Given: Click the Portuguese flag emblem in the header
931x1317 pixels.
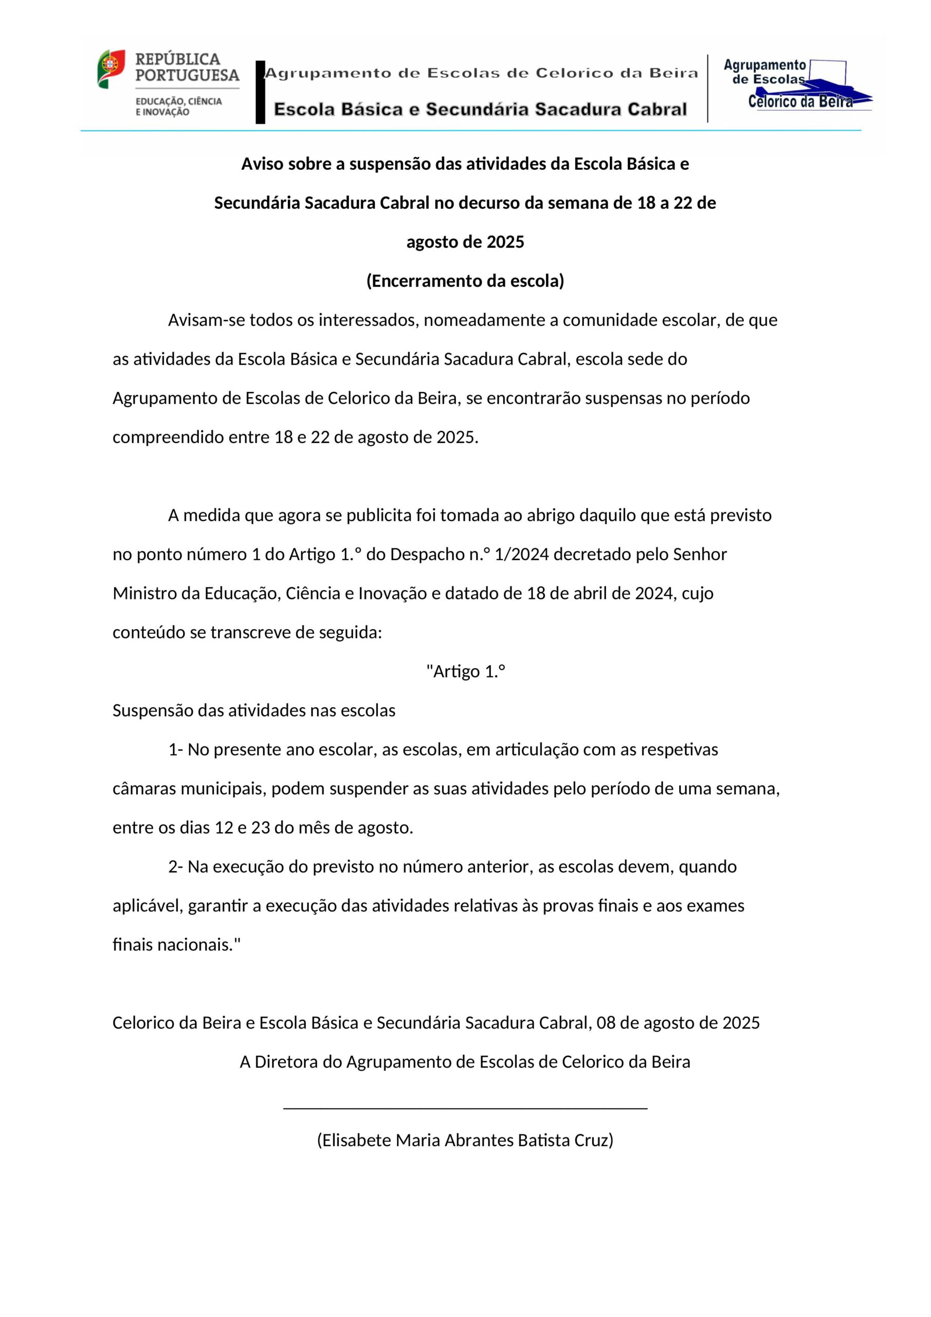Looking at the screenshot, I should [x=111, y=69].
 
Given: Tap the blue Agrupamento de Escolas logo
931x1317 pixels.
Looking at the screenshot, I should [x=797, y=85].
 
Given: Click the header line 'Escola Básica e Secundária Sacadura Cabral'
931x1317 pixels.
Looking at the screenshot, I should [x=480, y=109].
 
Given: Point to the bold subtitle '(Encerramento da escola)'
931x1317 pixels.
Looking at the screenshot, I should [x=465, y=280].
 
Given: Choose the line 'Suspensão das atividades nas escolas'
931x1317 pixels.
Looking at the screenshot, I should [x=253, y=710].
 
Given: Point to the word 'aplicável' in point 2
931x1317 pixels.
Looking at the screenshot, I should [x=147, y=906].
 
